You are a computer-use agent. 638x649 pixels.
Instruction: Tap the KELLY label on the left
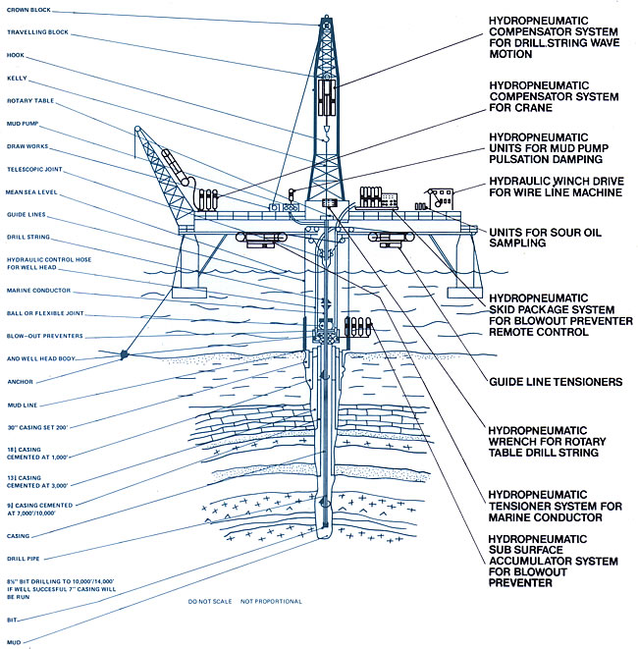[x=17, y=78]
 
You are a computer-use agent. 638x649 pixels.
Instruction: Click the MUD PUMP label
[x=24, y=123]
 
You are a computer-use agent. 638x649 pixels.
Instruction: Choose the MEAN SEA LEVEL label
[x=33, y=191]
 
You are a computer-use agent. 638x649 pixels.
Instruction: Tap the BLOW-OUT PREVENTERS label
[x=42, y=334]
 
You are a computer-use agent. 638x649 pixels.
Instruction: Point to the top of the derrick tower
[x=323, y=19]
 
